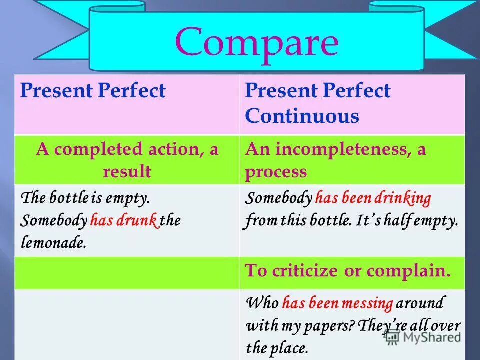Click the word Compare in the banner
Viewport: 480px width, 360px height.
click(x=256, y=42)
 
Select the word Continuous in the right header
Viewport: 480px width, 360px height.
click(x=302, y=116)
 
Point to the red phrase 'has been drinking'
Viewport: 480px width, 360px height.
click(x=373, y=198)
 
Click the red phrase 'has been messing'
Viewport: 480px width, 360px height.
click(x=337, y=302)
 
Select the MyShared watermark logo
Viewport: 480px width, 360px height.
click(x=424, y=336)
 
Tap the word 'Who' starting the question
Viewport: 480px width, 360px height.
click(x=262, y=302)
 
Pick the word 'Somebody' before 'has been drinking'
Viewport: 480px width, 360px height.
click(x=279, y=198)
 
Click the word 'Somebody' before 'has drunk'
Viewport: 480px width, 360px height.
click(x=54, y=220)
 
